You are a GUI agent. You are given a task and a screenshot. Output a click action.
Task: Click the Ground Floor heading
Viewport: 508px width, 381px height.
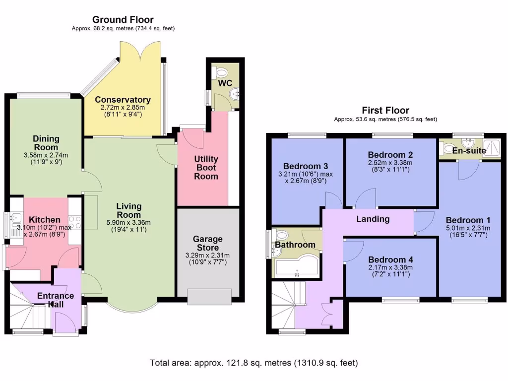tap(123, 20)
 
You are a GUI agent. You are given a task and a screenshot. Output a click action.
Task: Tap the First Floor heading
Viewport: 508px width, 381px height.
tap(385, 110)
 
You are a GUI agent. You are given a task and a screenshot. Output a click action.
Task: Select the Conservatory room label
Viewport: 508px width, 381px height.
tap(123, 100)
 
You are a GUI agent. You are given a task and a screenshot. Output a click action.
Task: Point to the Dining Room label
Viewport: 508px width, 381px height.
tap(46, 143)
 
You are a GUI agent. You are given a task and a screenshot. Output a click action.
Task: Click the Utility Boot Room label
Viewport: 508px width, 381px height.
tap(206, 168)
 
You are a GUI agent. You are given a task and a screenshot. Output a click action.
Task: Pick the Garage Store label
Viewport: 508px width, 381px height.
tap(208, 243)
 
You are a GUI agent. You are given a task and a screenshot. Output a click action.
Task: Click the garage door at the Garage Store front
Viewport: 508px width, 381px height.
tap(209, 298)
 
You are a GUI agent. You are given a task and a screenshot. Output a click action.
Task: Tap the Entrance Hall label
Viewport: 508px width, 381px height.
tap(56, 300)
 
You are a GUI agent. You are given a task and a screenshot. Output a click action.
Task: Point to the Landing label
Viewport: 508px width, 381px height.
tap(373, 219)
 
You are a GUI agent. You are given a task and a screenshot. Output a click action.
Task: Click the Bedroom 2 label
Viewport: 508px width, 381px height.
tap(390, 154)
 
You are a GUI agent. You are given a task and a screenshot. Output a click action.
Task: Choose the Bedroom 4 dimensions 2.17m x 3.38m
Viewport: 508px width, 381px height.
tap(390, 268)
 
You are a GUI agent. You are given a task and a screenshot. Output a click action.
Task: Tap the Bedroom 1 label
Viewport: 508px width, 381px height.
tap(468, 220)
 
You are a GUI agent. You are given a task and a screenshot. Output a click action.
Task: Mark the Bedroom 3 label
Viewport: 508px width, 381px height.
tap(306, 166)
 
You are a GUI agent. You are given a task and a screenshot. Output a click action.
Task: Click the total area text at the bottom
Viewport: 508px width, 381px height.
tap(254, 363)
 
